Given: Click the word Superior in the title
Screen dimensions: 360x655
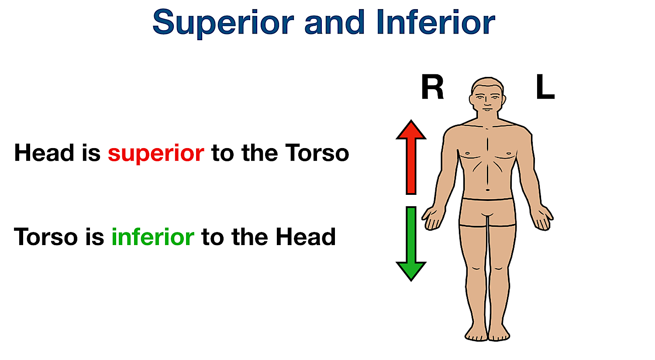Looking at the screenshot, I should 223,23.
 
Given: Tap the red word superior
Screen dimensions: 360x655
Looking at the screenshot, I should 156,153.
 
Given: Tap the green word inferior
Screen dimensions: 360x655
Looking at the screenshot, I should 152,237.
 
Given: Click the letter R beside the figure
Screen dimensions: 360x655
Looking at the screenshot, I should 432,88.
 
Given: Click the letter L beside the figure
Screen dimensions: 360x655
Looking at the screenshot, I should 545,88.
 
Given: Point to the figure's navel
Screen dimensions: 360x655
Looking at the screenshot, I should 488,190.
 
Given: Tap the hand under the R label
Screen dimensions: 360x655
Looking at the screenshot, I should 432,218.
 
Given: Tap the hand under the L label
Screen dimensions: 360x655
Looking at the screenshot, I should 543,218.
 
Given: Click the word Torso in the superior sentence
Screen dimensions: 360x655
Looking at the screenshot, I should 317,153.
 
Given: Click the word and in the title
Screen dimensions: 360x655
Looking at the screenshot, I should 334,23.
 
